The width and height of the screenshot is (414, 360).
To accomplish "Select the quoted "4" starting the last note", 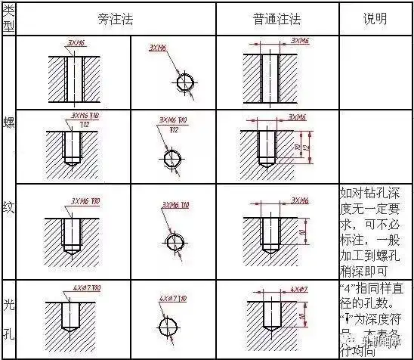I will tap(346, 290).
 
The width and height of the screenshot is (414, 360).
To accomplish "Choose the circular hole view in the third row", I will tap(173, 241).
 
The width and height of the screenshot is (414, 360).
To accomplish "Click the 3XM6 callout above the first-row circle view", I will tap(159, 47).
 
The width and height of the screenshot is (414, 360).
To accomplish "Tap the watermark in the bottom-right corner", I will tap(384, 349).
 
